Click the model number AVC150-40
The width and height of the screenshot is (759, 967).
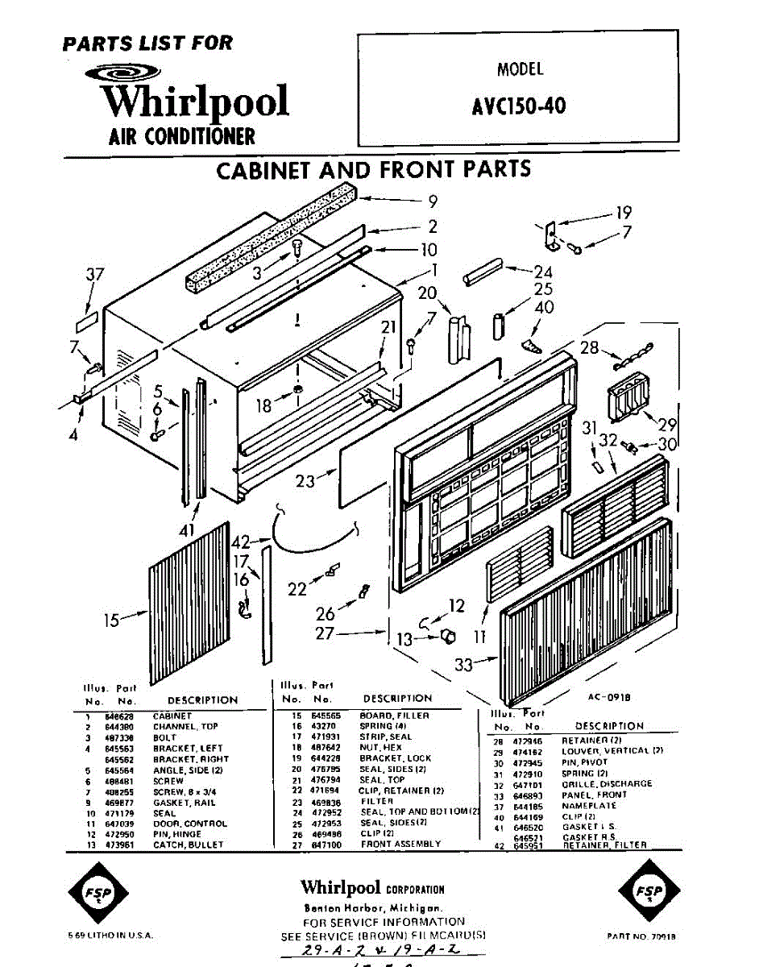pyautogui.click(x=519, y=106)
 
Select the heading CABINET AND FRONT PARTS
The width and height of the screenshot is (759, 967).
pyautogui.click(x=374, y=170)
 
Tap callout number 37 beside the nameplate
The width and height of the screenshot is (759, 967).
pyautogui.click(x=95, y=275)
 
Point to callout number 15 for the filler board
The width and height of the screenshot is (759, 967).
pyautogui.click(x=111, y=620)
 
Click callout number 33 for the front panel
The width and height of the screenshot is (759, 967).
pyautogui.click(x=464, y=664)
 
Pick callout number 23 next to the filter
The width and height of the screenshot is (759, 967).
pyautogui.click(x=305, y=481)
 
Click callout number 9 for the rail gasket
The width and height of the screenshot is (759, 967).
pyautogui.click(x=432, y=201)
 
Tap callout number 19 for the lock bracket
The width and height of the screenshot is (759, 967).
pyautogui.click(x=623, y=214)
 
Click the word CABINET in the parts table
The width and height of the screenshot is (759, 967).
pyautogui.click(x=172, y=716)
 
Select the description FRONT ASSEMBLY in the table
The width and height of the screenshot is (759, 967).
pyautogui.click(x=400, y=844)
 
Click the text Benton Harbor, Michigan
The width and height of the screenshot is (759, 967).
pyautogui.click(x=372, y=907)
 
